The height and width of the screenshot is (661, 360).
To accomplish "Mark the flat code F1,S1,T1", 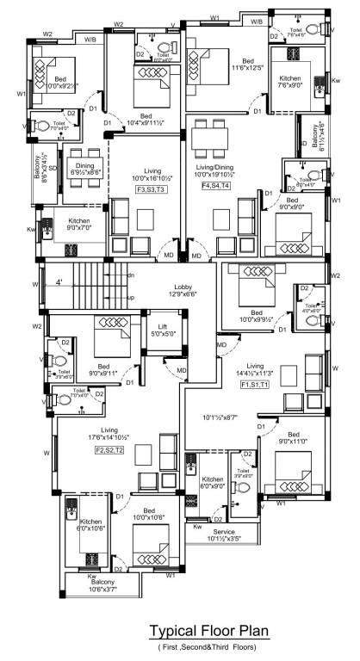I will (x=255, y=385).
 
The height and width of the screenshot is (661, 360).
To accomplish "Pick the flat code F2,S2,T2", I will (x=109, y=449).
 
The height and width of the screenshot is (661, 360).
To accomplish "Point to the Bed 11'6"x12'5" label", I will (x=247, y=65).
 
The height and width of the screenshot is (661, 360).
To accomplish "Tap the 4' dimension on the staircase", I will (x=59, y=281).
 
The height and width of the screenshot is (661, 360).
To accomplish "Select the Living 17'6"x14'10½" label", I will (x=109, y=434).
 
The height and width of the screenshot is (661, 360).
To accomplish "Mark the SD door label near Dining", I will (x=53, y=168).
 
